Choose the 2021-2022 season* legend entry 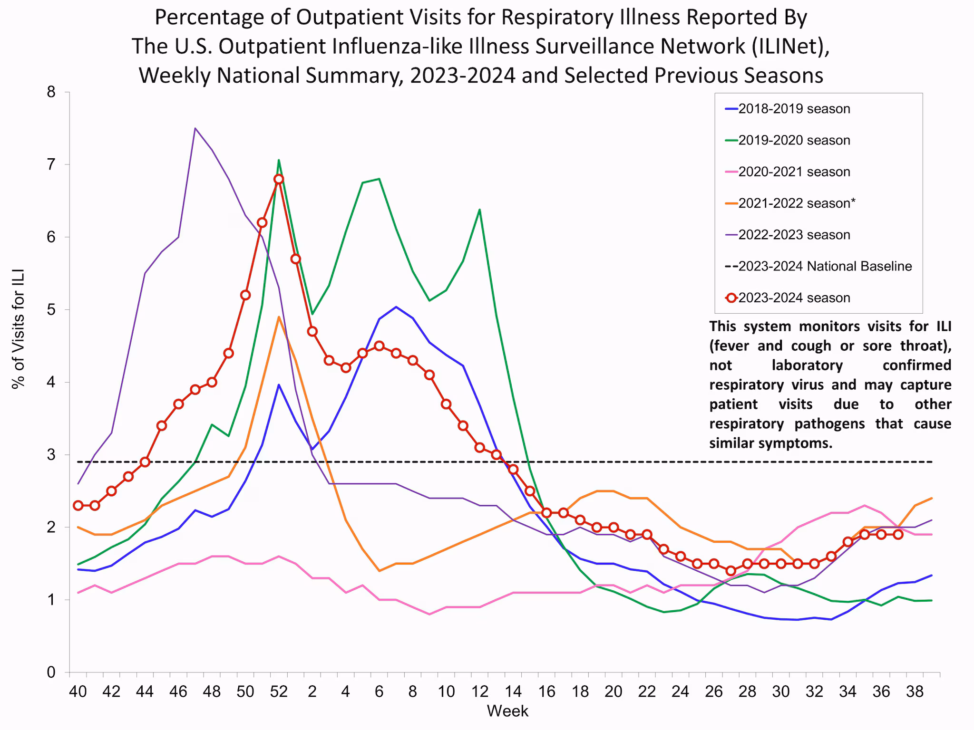pyautogui.click(x=796, y=203)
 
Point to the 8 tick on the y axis pyautogui.click(x=51, y=92)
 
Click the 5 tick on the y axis pyautogui.click(x=51, y=310)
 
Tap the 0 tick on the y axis pyautogui.click(x=51, y=672)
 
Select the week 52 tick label pyautogui.click(x=279, y=692)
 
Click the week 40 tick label pyautogui.click(x=78, y=692)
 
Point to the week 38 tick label pyautogui.click(x=915, y=692)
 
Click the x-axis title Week pyautogui.click(x=507, y=711)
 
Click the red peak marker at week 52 pyautogui.click(x=279, y=179)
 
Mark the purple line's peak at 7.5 pyautogui.click(x=195, y=128)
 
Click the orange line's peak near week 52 pyautogui.click(x=279, y=317)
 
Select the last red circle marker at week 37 pyautogui.click(x=898, y=534)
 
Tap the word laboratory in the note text pyautogui.click(x=807, y=365)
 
